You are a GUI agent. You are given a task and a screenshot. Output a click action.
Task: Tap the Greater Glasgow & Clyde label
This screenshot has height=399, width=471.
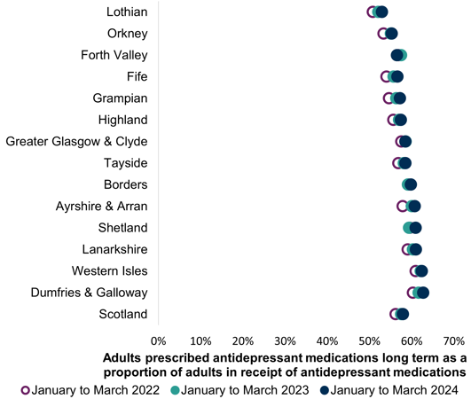click(x=76, y=141)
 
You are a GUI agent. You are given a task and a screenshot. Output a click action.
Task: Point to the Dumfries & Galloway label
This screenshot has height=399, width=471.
click(x=89, y=292)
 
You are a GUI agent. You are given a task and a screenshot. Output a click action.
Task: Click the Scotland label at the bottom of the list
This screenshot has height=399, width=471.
click(x=123, y=314)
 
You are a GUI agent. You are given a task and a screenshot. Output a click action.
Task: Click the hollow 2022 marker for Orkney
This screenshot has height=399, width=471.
click(x=383, y=34)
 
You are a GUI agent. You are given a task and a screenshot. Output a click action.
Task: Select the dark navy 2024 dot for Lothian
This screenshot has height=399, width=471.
click(x=382, y=12)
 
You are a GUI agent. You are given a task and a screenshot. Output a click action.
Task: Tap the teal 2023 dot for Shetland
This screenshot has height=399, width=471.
click(x=409, y=228)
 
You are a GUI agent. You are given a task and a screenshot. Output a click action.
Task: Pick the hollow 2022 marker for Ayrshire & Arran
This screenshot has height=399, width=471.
click(x=403, y=206)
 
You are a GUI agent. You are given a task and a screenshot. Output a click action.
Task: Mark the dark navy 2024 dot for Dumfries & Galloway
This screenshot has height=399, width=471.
click(x=423, y=293)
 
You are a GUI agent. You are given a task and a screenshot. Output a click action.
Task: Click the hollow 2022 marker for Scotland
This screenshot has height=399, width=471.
click(x=396, y=314)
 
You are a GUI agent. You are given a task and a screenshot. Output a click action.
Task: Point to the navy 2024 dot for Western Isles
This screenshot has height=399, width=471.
click(x=421, y=271)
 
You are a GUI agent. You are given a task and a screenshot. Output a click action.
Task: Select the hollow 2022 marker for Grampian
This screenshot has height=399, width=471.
click(x=389, y=98)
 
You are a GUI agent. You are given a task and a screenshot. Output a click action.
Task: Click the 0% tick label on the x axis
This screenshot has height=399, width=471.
click(x=158, y=340)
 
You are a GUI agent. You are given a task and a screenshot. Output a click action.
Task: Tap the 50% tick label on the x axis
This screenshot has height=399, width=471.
click(x=369, y=340)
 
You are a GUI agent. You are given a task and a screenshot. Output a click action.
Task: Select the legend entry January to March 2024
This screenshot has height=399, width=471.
click(x=390, y=389)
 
